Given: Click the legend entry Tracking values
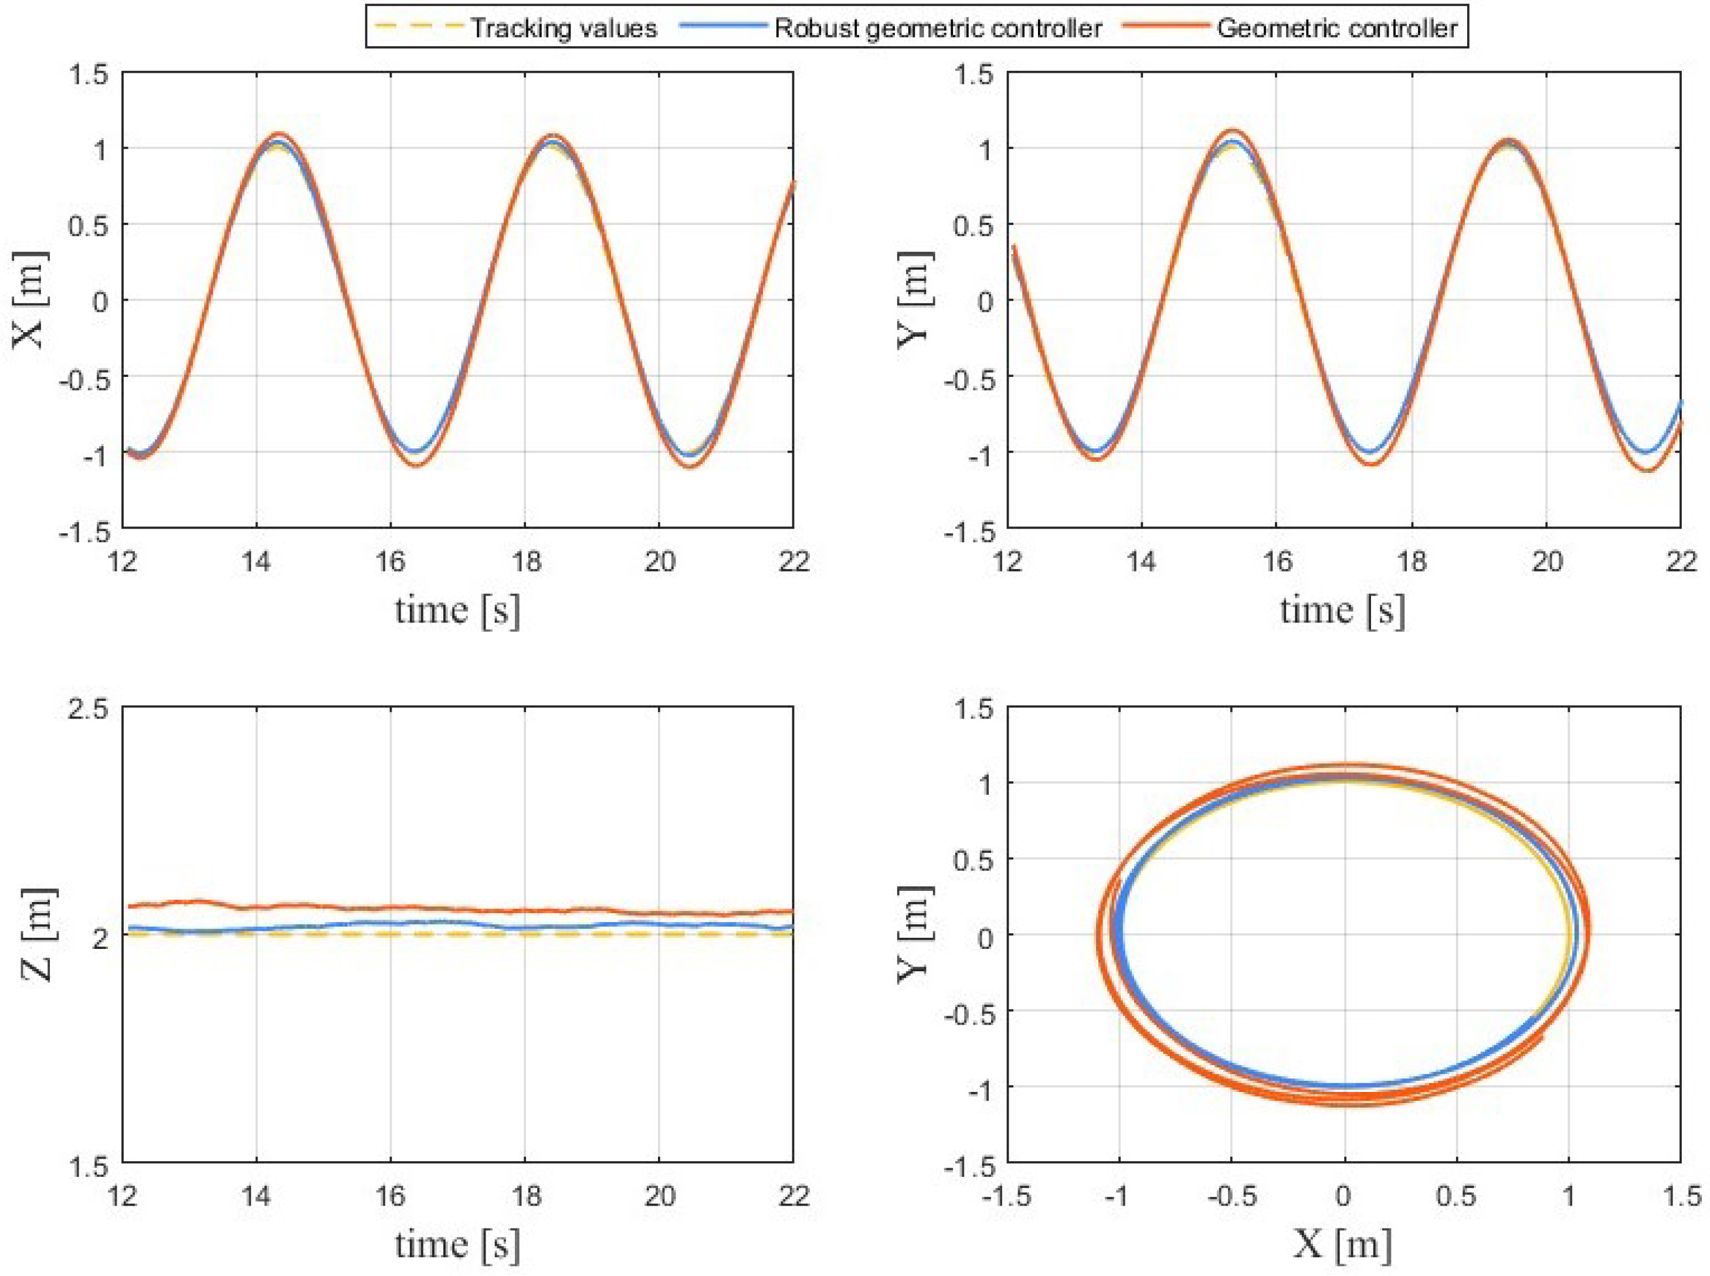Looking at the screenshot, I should coord(564,29).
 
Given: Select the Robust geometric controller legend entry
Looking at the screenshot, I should coord(938,29).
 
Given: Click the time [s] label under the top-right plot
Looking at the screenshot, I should coord(1343,610).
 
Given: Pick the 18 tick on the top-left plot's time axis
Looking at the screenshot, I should coord(525,562).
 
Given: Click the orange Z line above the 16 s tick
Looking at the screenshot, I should coord(390,907).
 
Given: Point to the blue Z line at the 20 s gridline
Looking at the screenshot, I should coord(659,923).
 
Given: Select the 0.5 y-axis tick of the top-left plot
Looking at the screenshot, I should coord(90,224).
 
